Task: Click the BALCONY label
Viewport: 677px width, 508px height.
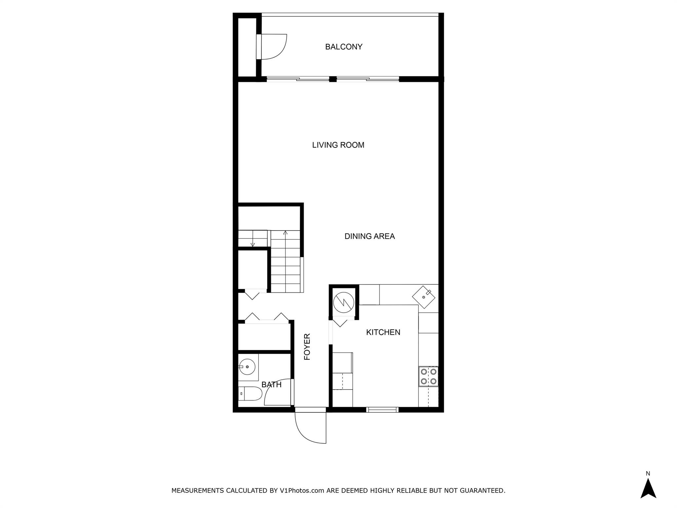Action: [x=344, y=47]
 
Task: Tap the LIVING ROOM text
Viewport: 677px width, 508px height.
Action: [x=338, y=145]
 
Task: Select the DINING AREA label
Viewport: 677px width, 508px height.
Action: [x=370, y=236]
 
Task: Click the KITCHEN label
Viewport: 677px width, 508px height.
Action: [x=383, y=332]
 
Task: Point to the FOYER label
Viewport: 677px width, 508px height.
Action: [x=307, y=347]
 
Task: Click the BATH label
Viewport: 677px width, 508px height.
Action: [x=271, y=385]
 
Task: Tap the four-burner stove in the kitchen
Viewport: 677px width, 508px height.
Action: [x=428, y=376]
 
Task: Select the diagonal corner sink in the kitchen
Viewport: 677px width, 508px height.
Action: [x=424, y=297]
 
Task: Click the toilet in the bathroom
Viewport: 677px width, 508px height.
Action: [x=250, y=394]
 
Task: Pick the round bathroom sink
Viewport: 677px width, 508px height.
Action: [x=247, y=367]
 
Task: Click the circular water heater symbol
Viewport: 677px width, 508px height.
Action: [x=344, y=302]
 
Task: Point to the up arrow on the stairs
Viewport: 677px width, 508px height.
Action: [x=285, y=233]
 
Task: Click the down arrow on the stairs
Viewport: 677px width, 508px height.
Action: [x=253, y=244]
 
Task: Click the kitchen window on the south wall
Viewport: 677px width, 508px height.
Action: [x=382, y=410]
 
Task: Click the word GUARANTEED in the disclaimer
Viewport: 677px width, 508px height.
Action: [x=484, y=490]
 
